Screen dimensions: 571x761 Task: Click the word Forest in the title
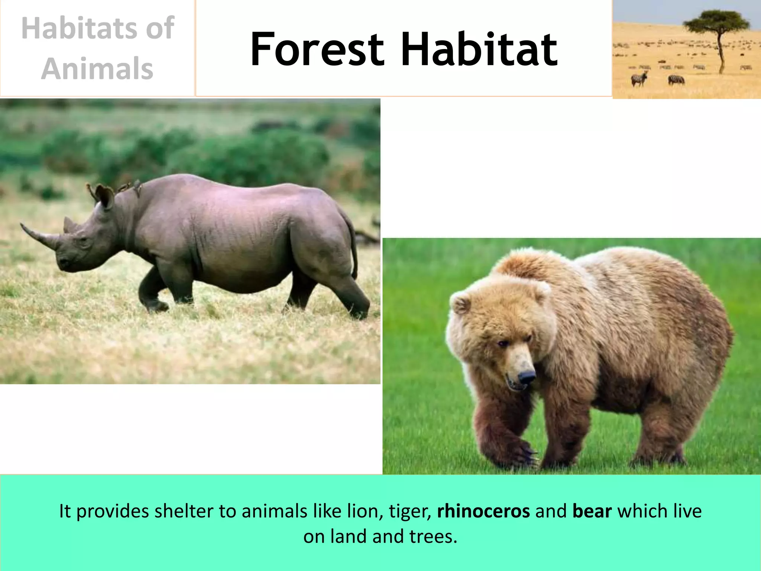coord(317,50)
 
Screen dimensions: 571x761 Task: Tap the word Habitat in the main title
coord(479,50)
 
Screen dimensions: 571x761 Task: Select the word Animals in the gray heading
coord(97,69)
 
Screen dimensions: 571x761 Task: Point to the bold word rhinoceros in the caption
coord(483,512)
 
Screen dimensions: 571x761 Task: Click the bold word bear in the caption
coord(592,512)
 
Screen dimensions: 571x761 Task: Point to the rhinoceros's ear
coord(105,196)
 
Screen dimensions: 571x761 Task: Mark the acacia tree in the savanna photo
coord(717,33)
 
